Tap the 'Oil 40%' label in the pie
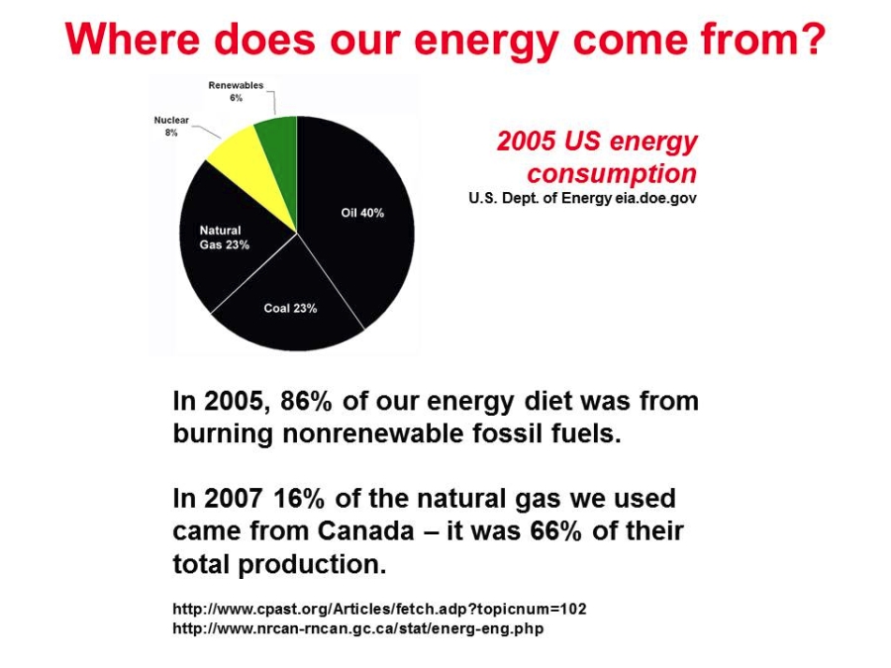pos(362,213)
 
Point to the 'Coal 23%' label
pos(290,309)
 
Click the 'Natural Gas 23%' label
pos(225,238)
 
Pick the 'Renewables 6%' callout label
pos(236,91)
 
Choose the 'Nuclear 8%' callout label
pos(171,126)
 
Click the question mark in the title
pos(812,39)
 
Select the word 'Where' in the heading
pos(133,39)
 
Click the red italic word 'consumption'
pos(612,173)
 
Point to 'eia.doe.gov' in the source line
pos(655,198)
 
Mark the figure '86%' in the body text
pos(306,401)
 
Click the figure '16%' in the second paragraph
pos(299,498)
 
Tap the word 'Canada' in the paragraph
pos(365,531)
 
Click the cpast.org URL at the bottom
pos(379,609)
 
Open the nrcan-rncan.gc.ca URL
pos(358,628)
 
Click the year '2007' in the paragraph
pos(232,498)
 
